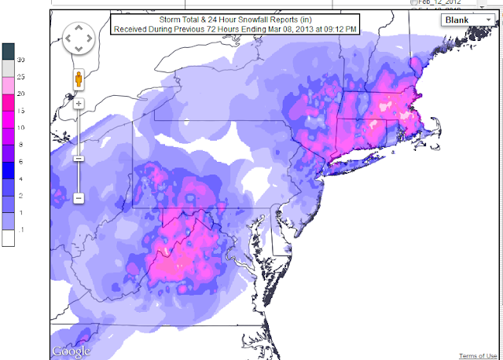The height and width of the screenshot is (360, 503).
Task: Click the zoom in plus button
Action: (x=79, y=103)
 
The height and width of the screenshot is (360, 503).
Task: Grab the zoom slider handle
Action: (x=79, y=158)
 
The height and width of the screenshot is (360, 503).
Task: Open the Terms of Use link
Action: (x=478, y=355)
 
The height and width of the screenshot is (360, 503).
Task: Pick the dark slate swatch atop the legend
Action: (x=8, y=51)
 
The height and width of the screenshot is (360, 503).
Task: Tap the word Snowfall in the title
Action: (x=253, y=19)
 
